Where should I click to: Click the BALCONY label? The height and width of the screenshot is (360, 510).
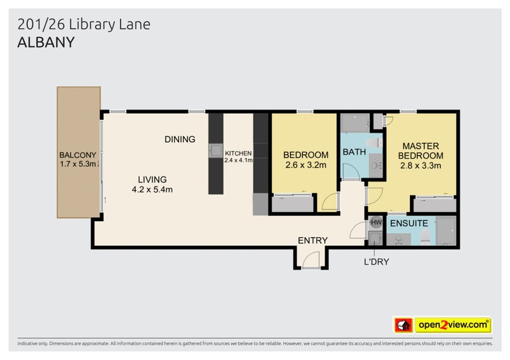click(x=77, y=155)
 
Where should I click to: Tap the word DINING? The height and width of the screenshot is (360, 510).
click(x=179, y=140)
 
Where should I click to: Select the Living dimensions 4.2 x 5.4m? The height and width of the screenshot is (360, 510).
click(x=152, y=189)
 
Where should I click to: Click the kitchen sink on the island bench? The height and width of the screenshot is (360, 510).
click(x=215, y=151)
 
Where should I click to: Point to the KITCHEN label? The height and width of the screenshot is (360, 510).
click(x=238, y=154)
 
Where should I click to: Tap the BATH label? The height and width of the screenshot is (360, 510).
click(x=354, y=152)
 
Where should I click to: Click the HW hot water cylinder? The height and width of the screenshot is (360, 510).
click(x=375, y=223)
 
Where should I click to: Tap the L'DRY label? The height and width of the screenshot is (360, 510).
click(x=376, y=261)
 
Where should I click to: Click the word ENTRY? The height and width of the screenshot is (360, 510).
click(x=312, y=240)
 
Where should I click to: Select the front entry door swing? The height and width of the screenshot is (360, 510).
click(x=310, y=260)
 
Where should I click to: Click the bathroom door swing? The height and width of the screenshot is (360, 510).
click(x=350, y=171)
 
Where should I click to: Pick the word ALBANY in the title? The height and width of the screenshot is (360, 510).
click(x=47, y=43)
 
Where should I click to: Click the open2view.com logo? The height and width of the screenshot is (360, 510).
click(x=453, y=325)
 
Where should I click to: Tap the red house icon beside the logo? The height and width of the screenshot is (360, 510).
click(x=402, y=325)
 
